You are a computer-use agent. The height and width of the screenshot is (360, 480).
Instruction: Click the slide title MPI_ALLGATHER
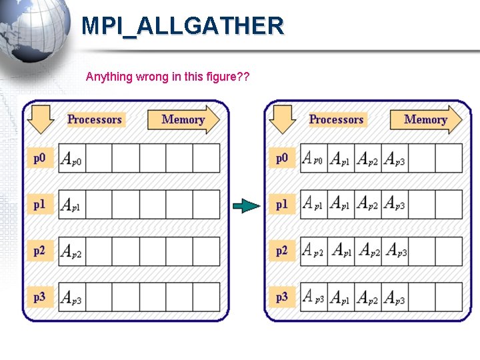(x=182, y=27)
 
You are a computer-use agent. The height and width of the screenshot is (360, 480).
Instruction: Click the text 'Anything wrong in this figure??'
(x=167, y=77)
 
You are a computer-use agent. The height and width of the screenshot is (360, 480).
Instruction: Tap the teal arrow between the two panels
(x=247, y=206)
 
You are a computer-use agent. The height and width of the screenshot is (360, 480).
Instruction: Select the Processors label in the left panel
(x=95, y=119)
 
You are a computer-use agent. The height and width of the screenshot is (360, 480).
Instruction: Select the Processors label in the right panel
(x=337, y=119)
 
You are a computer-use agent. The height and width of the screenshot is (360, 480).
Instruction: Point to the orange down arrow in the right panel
(x=283, y=119)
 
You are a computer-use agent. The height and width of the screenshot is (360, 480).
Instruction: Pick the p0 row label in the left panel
(x=40, y=158)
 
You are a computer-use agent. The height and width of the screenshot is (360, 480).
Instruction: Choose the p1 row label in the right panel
(x=282, y=205)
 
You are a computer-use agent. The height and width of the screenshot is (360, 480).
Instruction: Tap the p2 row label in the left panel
(x=40, y=251)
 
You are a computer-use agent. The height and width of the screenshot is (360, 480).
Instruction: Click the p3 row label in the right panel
(x=282, y=297)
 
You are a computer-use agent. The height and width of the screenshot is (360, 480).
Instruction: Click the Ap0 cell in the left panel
(x=71, y=159)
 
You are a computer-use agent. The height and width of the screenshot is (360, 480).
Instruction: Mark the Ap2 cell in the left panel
(x=71, y=251)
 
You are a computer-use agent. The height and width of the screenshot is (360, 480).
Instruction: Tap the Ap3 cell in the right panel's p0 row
(x=395, y=159)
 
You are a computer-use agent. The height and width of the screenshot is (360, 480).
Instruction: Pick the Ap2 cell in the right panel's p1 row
(x=367, y=205)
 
